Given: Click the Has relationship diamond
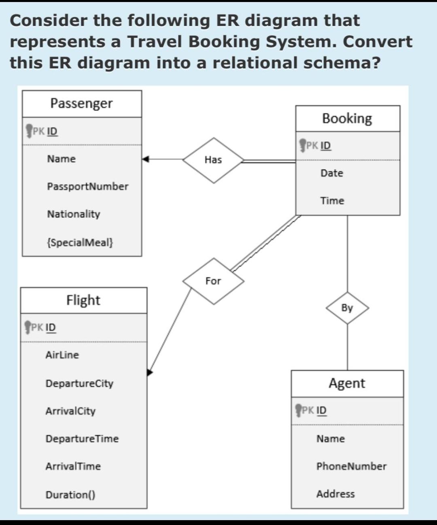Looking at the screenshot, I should pos(213,160).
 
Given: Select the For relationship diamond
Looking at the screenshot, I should pos(213,281).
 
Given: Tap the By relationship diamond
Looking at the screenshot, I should pos(347,308).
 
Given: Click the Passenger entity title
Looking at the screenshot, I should pos(81,104).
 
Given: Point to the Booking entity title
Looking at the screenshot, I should pos(347,119).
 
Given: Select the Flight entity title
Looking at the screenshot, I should pos(83,300).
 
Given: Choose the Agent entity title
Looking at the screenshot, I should pos(347,383).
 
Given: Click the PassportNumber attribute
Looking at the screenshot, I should pos(87,187).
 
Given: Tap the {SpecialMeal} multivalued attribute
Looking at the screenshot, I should pos(80,242).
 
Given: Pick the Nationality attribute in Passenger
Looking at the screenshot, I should pos(73,214).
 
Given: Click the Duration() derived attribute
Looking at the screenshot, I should pos(70,495).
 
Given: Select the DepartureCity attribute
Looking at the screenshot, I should pos(79,383).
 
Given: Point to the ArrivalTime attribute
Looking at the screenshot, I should pos(73,466).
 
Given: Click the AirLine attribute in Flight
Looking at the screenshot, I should pos(62,355).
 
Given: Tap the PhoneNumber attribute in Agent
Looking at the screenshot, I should pos(351,466).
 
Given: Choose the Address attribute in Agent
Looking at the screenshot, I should pos(335,494).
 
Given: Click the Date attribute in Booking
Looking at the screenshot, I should pos(332,173).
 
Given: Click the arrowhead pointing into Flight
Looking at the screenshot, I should pos(150,372).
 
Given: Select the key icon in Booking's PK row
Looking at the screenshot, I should pos(302,145).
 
